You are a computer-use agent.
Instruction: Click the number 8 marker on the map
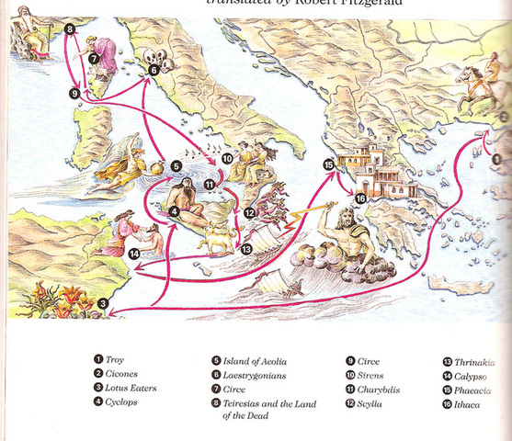point(72,30)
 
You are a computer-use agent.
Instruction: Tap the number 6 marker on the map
point(154,69)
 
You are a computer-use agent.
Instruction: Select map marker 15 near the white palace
point(328,164)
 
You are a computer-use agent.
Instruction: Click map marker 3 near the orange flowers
point(104,304)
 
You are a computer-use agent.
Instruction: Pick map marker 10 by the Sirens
point(227,159)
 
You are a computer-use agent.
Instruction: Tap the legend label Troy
point(115,358)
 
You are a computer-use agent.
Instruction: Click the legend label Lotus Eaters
point(131,389)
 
